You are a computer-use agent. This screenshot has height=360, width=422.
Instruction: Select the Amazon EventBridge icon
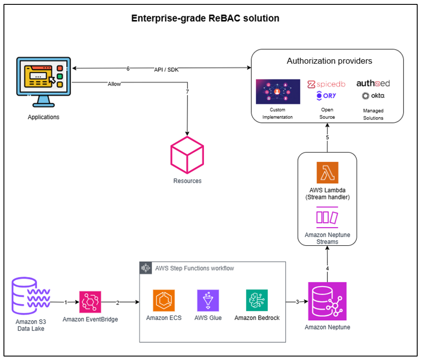pos(90,302)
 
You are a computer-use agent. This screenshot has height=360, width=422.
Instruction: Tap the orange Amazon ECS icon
pos(163,300)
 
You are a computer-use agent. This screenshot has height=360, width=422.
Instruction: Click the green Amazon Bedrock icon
pos(257,300)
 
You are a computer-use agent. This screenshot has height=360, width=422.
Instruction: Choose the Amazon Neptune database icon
pos(327,301)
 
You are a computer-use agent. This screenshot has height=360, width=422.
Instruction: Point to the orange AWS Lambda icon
pos(327,173)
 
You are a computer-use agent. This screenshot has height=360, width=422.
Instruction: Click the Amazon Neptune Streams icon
pos(327,217)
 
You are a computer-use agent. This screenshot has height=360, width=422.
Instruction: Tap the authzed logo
pos(373,83)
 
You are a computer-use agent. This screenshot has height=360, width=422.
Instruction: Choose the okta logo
pos(373,95)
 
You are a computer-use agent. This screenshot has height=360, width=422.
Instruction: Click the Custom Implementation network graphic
pos(278,92)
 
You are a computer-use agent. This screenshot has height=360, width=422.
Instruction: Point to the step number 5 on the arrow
pos(327,138)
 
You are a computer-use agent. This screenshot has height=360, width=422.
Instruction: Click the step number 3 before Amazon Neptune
pos(298,302)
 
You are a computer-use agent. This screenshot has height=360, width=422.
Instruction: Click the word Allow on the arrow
pos(114,83)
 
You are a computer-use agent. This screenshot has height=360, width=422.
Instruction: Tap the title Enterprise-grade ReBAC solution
pos(205,19)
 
